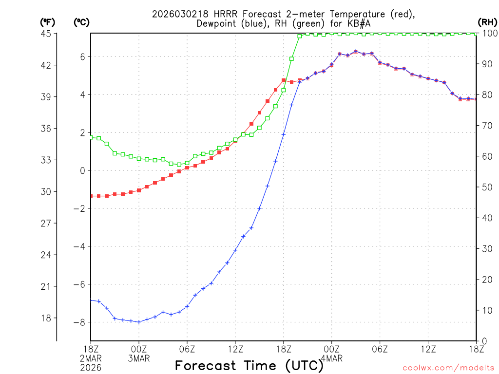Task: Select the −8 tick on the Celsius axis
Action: click(78, 322)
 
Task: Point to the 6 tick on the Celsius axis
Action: click(82, 57)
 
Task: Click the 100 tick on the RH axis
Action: click(489, 34)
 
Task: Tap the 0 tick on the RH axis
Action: click(483, 341)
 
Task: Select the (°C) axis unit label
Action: click(81, 22)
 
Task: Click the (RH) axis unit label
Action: click(487, 22)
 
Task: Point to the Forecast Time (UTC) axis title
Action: click(249, 365)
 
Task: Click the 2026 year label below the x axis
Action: click(91, 367)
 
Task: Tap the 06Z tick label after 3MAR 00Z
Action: click(187, 349)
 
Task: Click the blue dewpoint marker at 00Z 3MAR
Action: click(139, 322)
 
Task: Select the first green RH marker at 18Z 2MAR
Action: click(91, 137)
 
